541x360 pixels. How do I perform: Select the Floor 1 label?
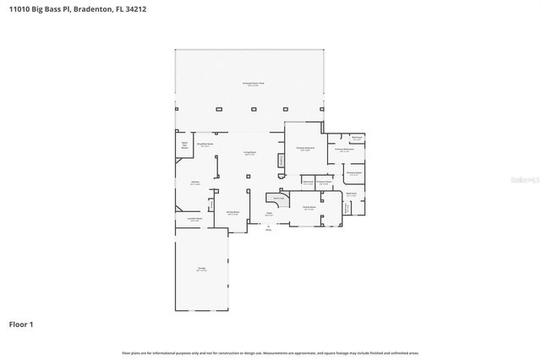tap(21, 324)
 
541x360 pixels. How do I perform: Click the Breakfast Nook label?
tap(205, 145)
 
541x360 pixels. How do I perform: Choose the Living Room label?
tap(250, 152)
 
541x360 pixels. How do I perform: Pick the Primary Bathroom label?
tap(342, 148)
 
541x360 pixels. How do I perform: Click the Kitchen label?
tap(194, 182)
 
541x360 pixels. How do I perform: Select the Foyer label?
tap(269, 214)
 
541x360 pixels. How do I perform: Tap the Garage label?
tap(202, 268)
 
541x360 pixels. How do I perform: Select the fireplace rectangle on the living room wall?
tap(280, 160)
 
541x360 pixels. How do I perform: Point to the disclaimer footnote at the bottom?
tap(270, 352)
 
